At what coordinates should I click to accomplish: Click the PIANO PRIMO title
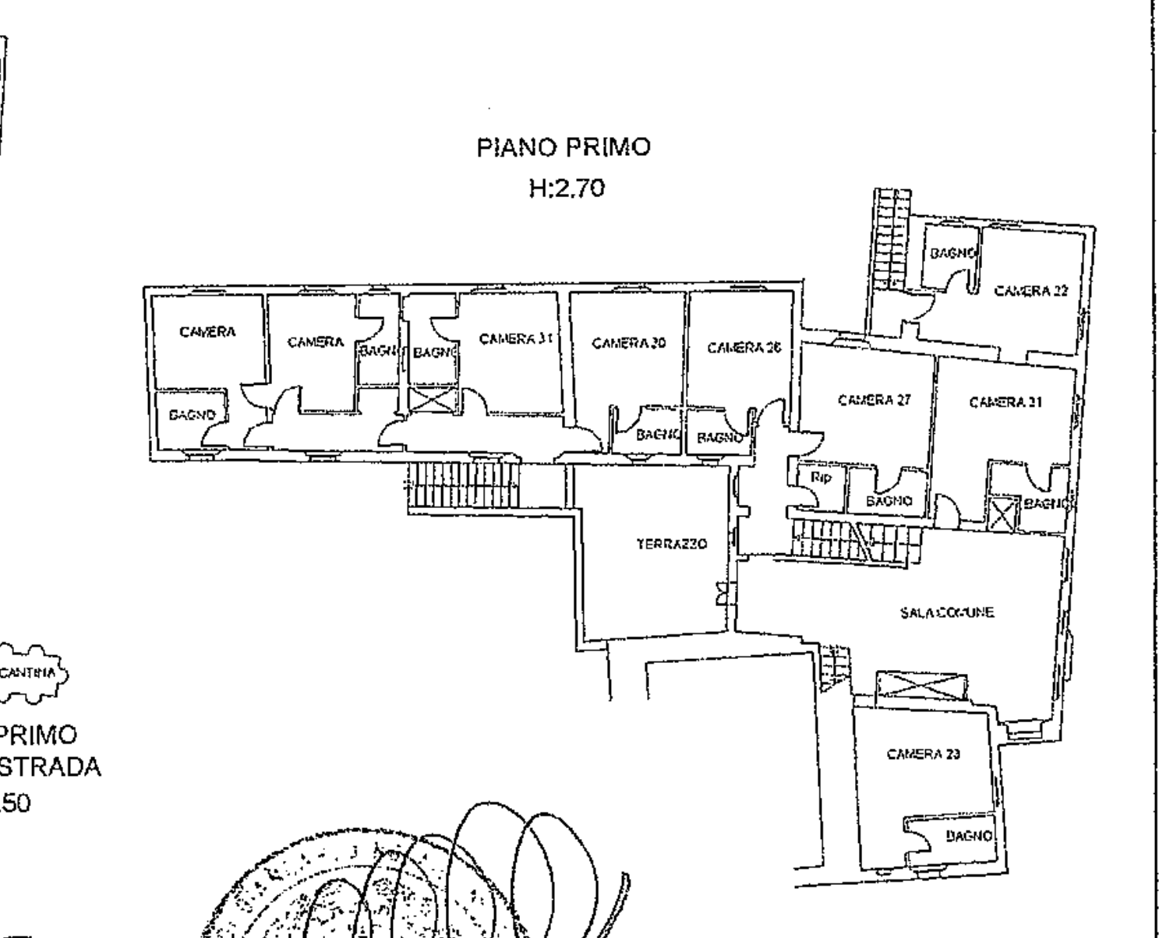coord(563,148)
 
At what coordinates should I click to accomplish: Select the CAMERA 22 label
coord(1031,291)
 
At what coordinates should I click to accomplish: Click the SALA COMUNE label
coord(946,612)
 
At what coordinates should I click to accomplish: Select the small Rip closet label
coord(821,478)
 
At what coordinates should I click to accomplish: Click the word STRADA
coord(50,767)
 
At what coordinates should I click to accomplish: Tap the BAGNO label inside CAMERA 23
coord(969,837)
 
